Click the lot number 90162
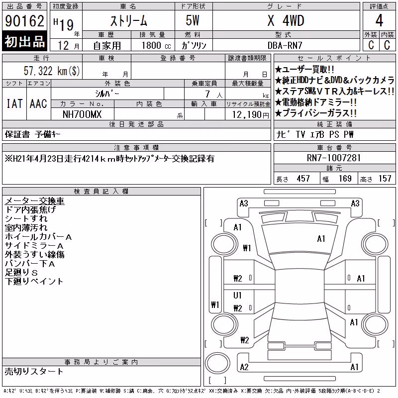coord(24,21)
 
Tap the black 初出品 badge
coord(24,41)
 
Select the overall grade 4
coord(379,20)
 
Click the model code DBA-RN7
coord(285,45)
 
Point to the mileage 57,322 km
coord(52,71)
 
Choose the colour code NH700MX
coord(82,114)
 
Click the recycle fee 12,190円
coord(251,115)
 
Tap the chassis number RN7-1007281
coord(334,158)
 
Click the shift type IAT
coord(14,103)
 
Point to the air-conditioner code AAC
coord(38,103)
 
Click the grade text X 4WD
coord(286,20)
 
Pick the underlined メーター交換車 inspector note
coord(34,201)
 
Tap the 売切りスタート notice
coord(34,371)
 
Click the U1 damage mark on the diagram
coord(237,295)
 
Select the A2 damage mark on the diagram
coord(244,367)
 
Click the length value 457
coord(303,179)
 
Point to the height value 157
coord(385,179)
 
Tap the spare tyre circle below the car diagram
coord(217,363)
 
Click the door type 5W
coord(193,20)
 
